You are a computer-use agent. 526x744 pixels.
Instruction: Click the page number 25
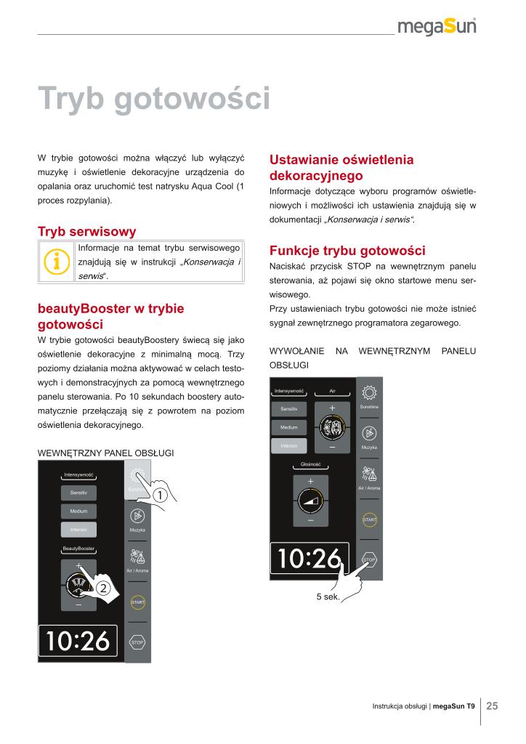click(492, 705)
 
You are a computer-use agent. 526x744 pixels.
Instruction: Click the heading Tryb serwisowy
click(86, 232)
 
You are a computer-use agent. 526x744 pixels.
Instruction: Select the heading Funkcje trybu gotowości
click(347, 251)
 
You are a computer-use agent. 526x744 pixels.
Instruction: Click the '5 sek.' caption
click(328, 597)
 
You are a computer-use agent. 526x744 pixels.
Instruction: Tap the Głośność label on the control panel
click(310, 464)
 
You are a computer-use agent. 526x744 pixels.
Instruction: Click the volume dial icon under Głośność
click(310, 501)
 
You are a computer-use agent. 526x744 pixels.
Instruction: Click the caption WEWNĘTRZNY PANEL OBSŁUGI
click(105, 453)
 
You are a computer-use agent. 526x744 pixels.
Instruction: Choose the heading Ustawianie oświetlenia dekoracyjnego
click(341, 167)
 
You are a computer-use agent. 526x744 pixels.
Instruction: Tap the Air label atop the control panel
click(332, 391)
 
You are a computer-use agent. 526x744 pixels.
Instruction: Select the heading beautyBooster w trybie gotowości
click(110, 316)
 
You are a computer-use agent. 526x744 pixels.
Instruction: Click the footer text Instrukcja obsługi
click(400, 706)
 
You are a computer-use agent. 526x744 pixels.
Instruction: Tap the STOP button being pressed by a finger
click(368, 559)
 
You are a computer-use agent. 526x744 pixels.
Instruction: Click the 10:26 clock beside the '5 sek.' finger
click(308, 558)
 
